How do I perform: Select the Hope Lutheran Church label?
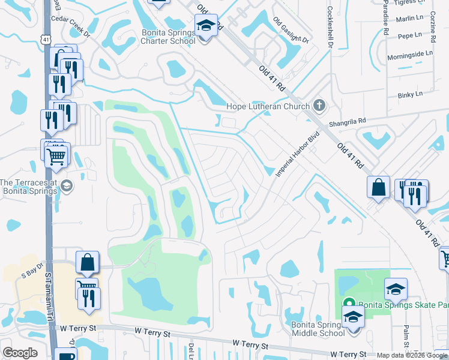[268, 107]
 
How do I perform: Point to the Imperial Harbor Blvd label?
[295, 155]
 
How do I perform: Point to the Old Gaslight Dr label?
[291, 30]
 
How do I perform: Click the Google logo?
[20, 353]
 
